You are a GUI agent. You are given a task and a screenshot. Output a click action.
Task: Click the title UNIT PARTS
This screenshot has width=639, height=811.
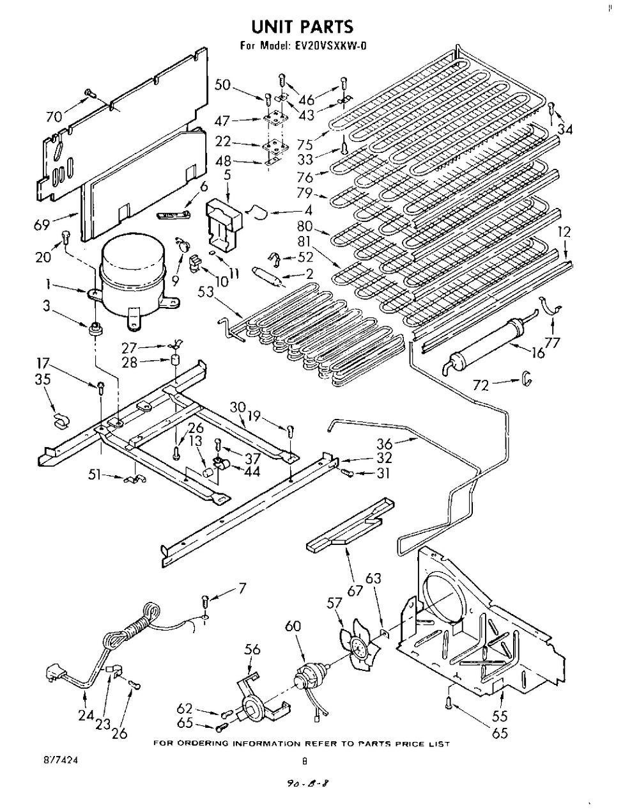[x=302, y=27]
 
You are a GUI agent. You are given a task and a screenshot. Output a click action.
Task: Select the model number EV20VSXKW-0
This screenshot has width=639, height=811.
[x=328, y=46]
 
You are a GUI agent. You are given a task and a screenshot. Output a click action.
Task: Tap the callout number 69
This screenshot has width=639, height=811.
[x=42, y=224]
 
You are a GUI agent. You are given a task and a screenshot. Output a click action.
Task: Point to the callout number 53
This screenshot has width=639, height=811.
[x=205, y=292]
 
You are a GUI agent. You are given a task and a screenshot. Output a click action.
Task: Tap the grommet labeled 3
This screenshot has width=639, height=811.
[x=95, y=329]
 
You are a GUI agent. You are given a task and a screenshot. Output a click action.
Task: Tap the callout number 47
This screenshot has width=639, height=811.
[x=222, y=122]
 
